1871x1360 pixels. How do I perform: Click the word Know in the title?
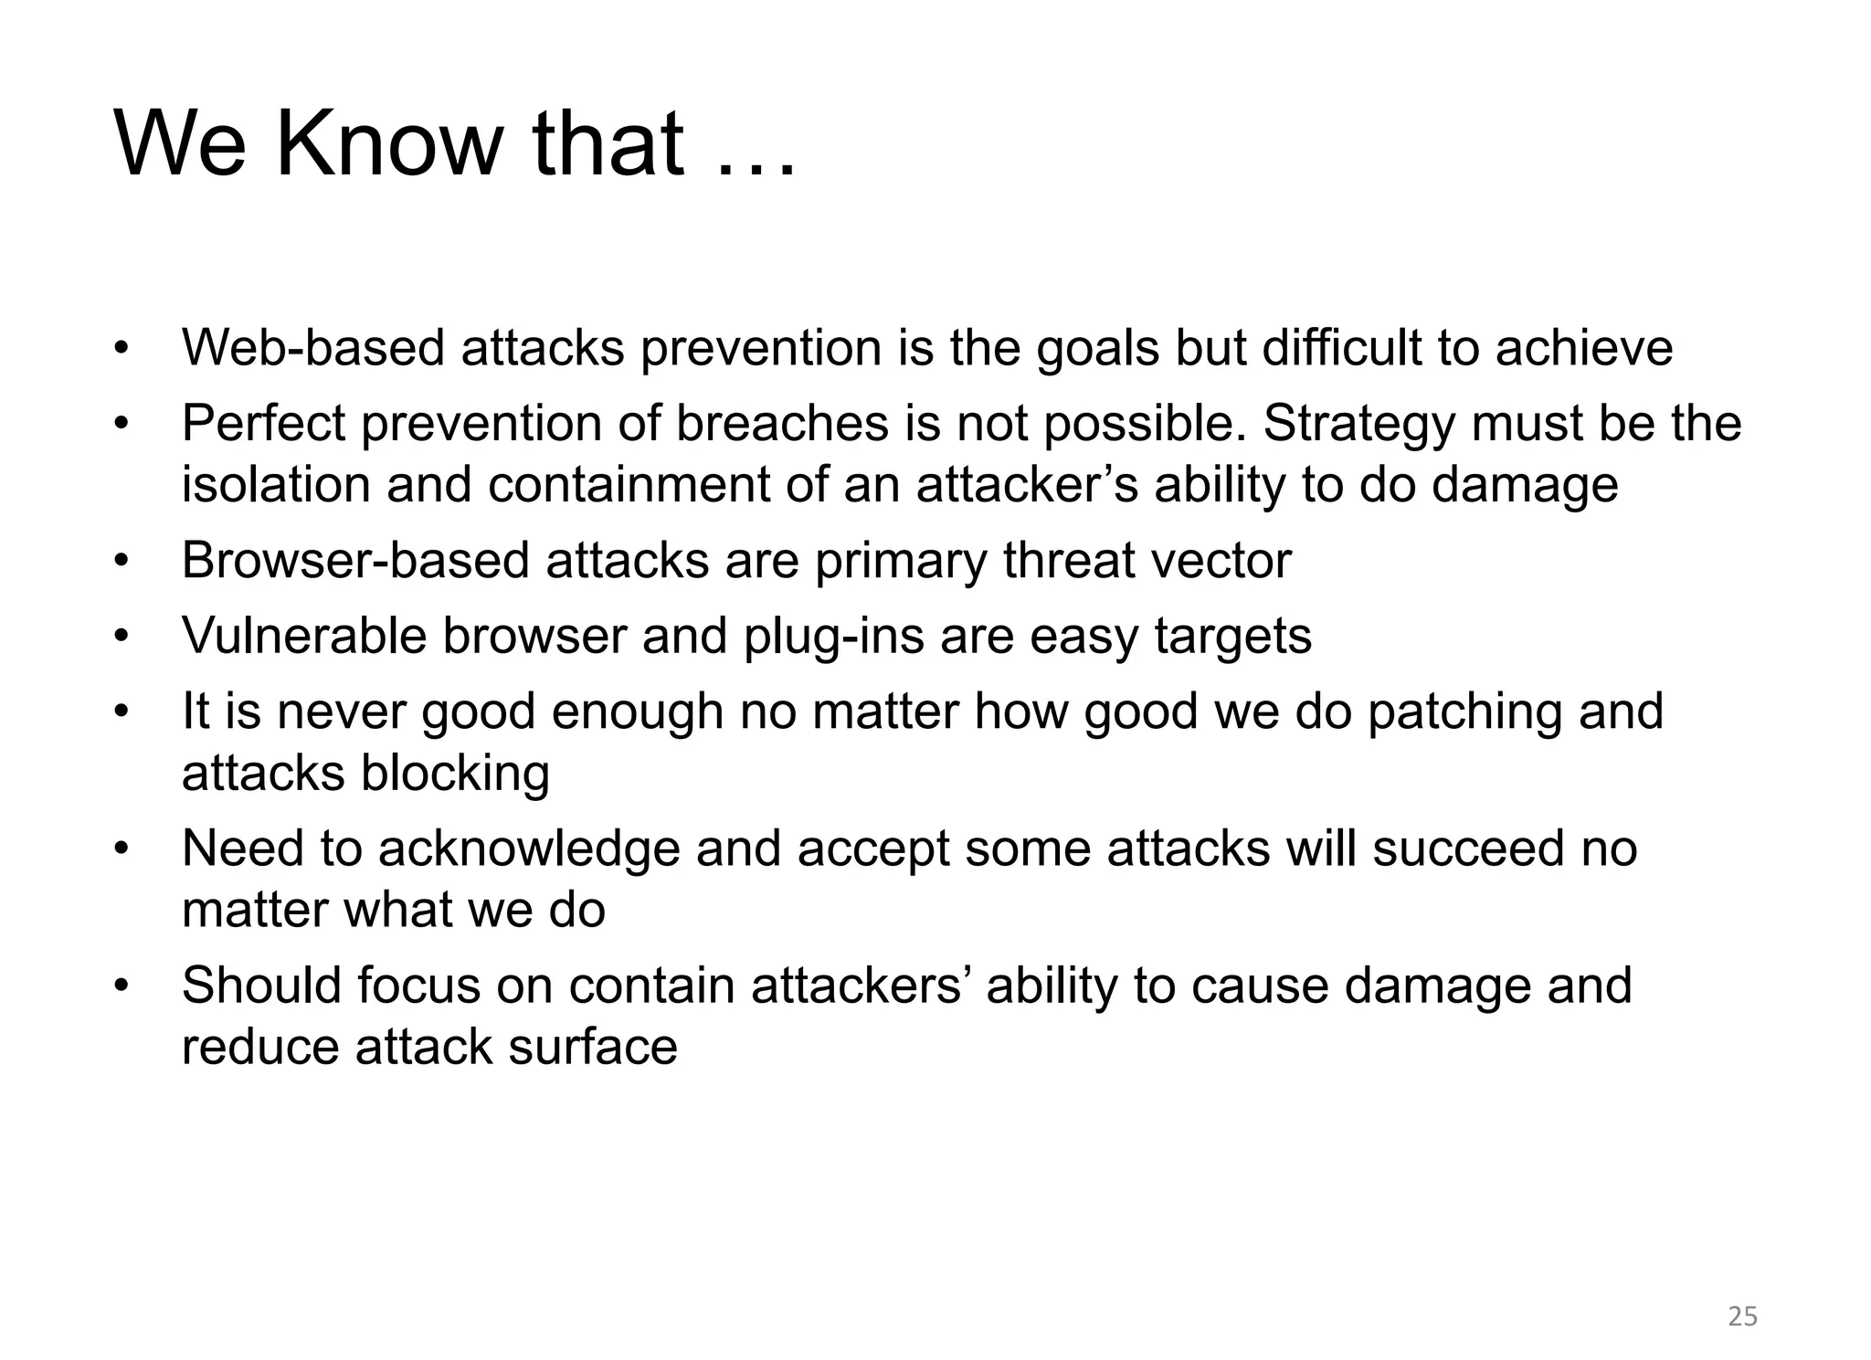tap(389, 143)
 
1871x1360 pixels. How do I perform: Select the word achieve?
tap(1583, 348)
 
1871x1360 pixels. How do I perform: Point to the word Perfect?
tap(264, 424)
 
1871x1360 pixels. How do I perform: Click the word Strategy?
tap(1359, 426)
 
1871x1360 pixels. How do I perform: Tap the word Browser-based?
tap(355, 560)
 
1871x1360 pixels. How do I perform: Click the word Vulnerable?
tap(304, 636)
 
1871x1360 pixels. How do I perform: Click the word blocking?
tap(455, 774)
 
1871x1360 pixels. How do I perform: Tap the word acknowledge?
tap(529, 849)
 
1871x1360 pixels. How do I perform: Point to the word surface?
tap(593, 1047)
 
